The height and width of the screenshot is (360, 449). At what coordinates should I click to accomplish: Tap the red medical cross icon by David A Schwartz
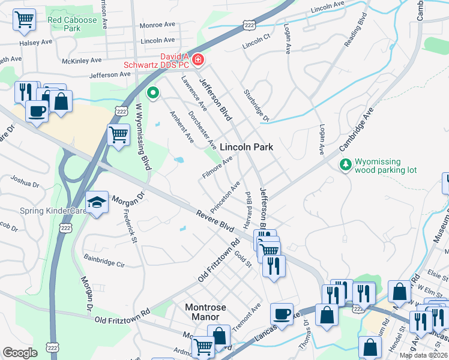pos(197,59)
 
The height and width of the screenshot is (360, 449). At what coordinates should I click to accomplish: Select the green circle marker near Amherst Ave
pos(152,93)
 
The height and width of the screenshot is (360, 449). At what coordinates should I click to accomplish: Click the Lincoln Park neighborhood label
pos(246,147)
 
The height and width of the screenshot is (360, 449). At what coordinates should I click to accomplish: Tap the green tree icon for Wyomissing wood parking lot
pos(345,164)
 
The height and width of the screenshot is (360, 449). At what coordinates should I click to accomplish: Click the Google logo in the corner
pos(20,353)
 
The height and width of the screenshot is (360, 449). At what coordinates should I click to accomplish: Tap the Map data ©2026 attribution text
pos(423,355)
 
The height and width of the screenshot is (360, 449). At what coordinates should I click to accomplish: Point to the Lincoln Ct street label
pos(257,46)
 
